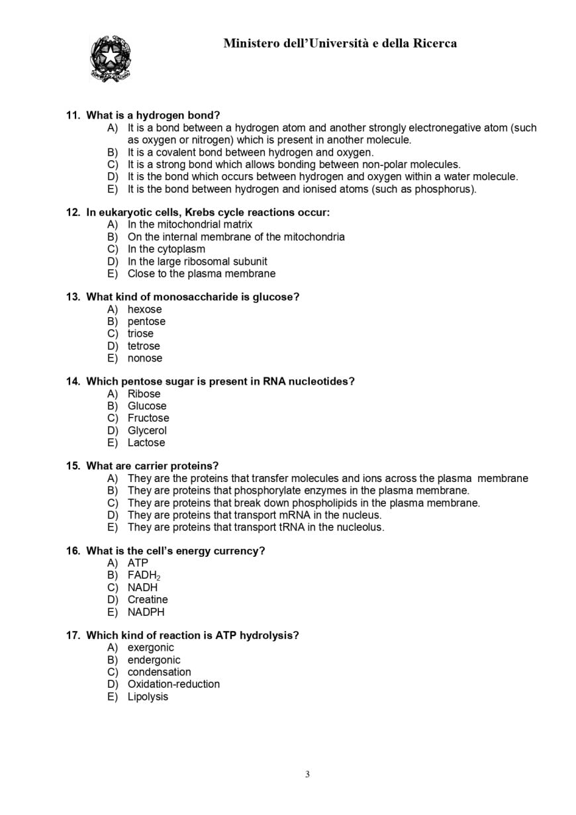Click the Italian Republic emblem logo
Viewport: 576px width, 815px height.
click(110, 59)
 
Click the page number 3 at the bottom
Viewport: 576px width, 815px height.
click(307, 775)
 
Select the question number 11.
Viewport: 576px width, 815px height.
click(72, 115)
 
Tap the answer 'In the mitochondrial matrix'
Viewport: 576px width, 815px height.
click(189, 224)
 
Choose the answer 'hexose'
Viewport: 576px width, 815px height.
click(144, 309)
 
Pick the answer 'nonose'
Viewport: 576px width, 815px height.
click(144, 358)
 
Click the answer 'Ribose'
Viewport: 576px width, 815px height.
click(144, 394)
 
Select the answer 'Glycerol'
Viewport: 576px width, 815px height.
click(147, 430)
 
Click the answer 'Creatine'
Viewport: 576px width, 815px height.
click(148, 600)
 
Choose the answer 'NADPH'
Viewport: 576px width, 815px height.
click(146, 612)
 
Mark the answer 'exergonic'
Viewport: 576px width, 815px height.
click(150, 647)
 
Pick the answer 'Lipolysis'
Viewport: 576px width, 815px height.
click(148, 696)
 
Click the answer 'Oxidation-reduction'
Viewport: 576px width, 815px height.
click(173, 684)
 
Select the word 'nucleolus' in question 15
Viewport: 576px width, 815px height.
click(359, 528)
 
